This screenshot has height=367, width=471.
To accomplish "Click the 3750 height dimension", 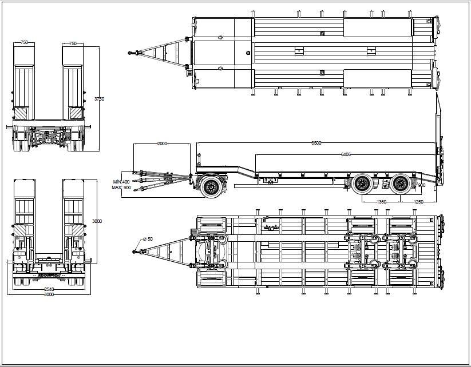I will (x=99, y=99).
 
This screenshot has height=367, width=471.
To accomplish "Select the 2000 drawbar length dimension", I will (x=162, y=144).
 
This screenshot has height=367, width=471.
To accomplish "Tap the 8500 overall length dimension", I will (x=316, y=143).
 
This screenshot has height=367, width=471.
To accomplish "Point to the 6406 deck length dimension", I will (x=346, y=154).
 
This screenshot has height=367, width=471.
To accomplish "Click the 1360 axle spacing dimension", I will (x=381, y=202).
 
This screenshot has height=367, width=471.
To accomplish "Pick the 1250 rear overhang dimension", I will (x=418, y=202).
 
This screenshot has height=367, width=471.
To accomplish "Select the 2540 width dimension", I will (x=50, y=289).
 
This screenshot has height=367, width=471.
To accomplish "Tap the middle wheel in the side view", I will (x=362, y=183).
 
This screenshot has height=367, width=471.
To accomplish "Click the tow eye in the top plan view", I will (x=131, y=53).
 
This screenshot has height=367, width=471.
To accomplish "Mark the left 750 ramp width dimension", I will (x=25, y=43).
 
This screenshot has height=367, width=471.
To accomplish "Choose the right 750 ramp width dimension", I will (x=73, y=43).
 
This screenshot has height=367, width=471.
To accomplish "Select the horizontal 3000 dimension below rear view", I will (x=50, y=294).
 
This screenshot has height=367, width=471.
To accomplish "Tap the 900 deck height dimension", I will (x=422, y=185).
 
